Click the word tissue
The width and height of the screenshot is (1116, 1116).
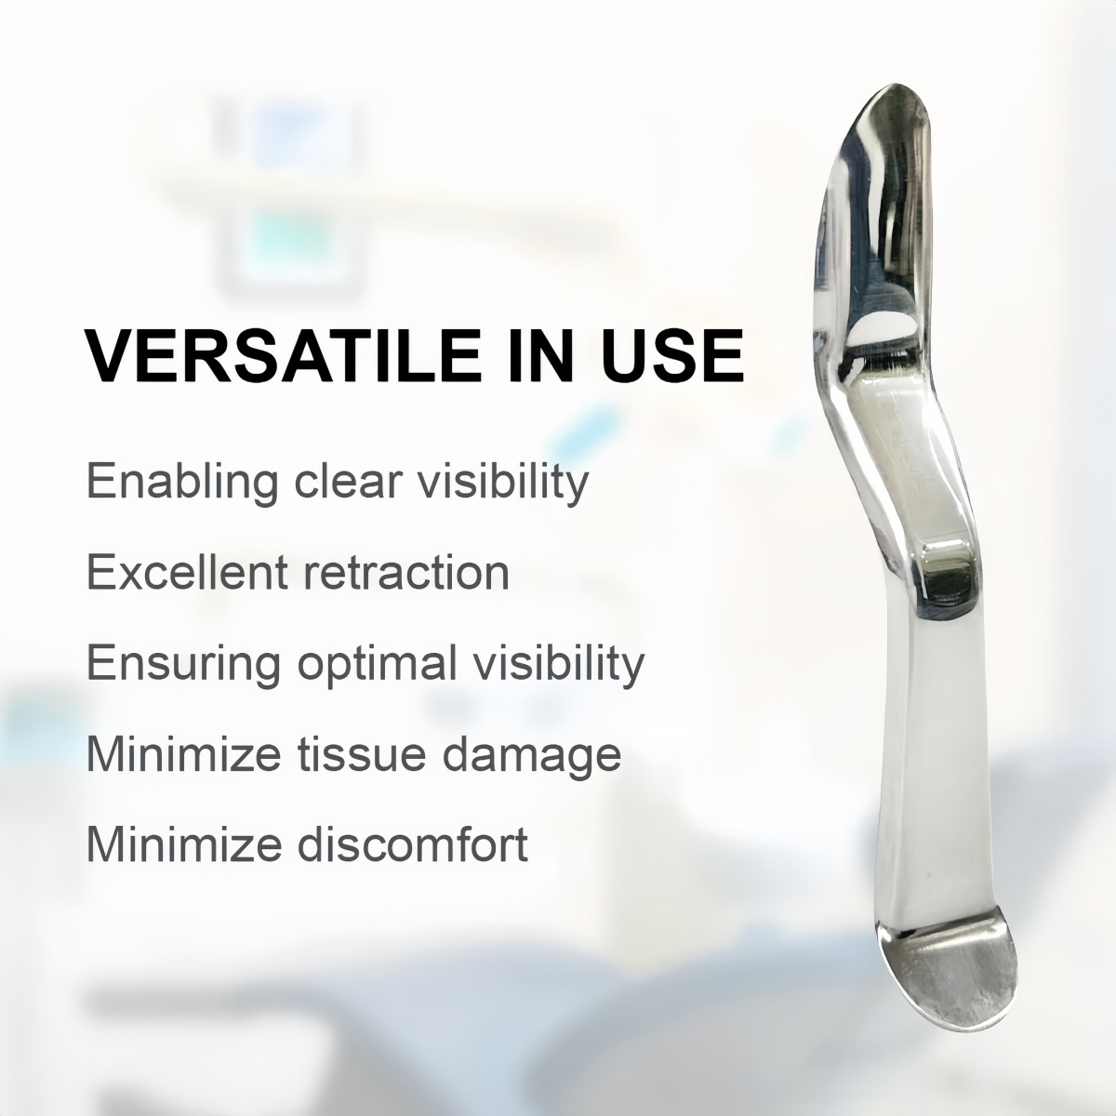click(362, 754)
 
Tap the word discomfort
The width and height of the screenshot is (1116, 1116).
click(413, 844)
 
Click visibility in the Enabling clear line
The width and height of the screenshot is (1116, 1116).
click(504, 481)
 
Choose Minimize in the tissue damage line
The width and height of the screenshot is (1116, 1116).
click(182, 754)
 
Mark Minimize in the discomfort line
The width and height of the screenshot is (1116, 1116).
click(182, 844)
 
